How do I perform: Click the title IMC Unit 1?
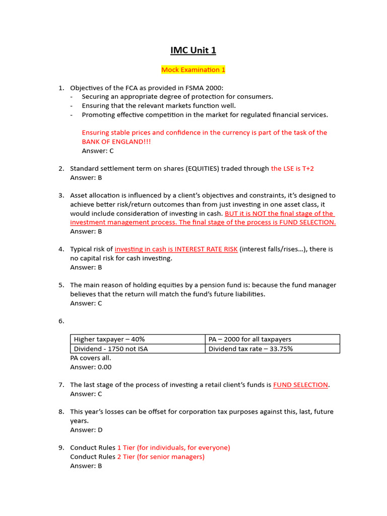(x=193, y=50)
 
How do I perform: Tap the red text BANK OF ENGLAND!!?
(x=116, y=142)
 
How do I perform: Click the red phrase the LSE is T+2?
(x=292, y=168)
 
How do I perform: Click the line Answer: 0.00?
(x=91, y=367)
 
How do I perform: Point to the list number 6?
(x=61, y=321)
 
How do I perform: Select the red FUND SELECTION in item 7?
(x=300, y=385)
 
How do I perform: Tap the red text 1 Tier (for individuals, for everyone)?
(x=173, y=447)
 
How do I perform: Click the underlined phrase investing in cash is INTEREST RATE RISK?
(x=176, y=249)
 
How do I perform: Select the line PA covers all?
(x=91, y=358)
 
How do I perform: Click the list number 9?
(x=61, y=447)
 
